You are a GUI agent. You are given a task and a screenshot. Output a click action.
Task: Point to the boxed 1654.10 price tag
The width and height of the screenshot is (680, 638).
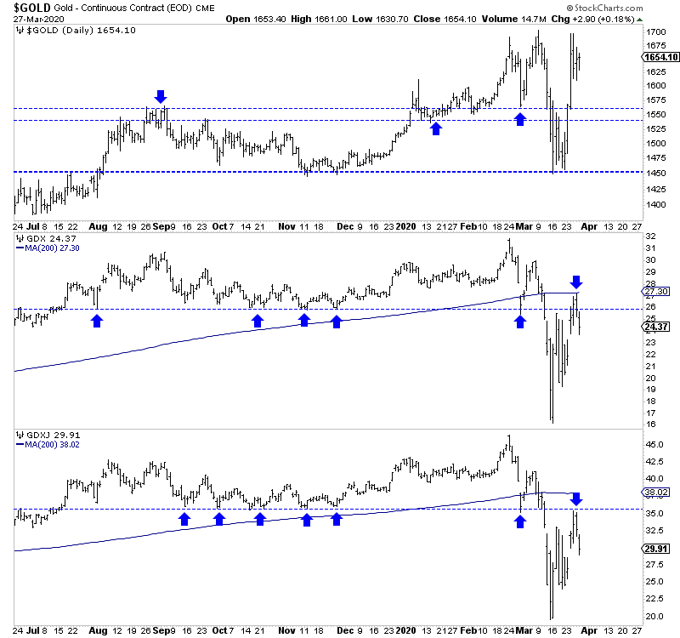coord(661,58)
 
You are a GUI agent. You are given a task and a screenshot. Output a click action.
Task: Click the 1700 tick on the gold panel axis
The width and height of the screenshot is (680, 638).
coord(655,32)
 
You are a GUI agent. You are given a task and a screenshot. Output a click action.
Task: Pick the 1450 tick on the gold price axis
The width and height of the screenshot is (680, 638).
coord(655,173)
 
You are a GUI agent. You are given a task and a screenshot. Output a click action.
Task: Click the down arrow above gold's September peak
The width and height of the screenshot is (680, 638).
coord(161,95)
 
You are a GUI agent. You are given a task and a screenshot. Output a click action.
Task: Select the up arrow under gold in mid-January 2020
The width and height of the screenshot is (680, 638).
coord(436,128)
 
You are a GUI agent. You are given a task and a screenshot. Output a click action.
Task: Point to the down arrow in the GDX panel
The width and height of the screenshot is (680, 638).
coord(577,282)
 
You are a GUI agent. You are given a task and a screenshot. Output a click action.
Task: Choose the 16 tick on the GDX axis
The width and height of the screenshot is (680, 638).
coord(650,424)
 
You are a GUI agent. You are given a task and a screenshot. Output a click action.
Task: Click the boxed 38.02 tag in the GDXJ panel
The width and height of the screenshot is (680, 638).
coord(661,492)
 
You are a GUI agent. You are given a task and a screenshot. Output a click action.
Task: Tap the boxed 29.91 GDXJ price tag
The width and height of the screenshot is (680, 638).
coord(661,549)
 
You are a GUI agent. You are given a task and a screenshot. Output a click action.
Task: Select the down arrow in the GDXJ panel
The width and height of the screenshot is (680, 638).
coord(576,498)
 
